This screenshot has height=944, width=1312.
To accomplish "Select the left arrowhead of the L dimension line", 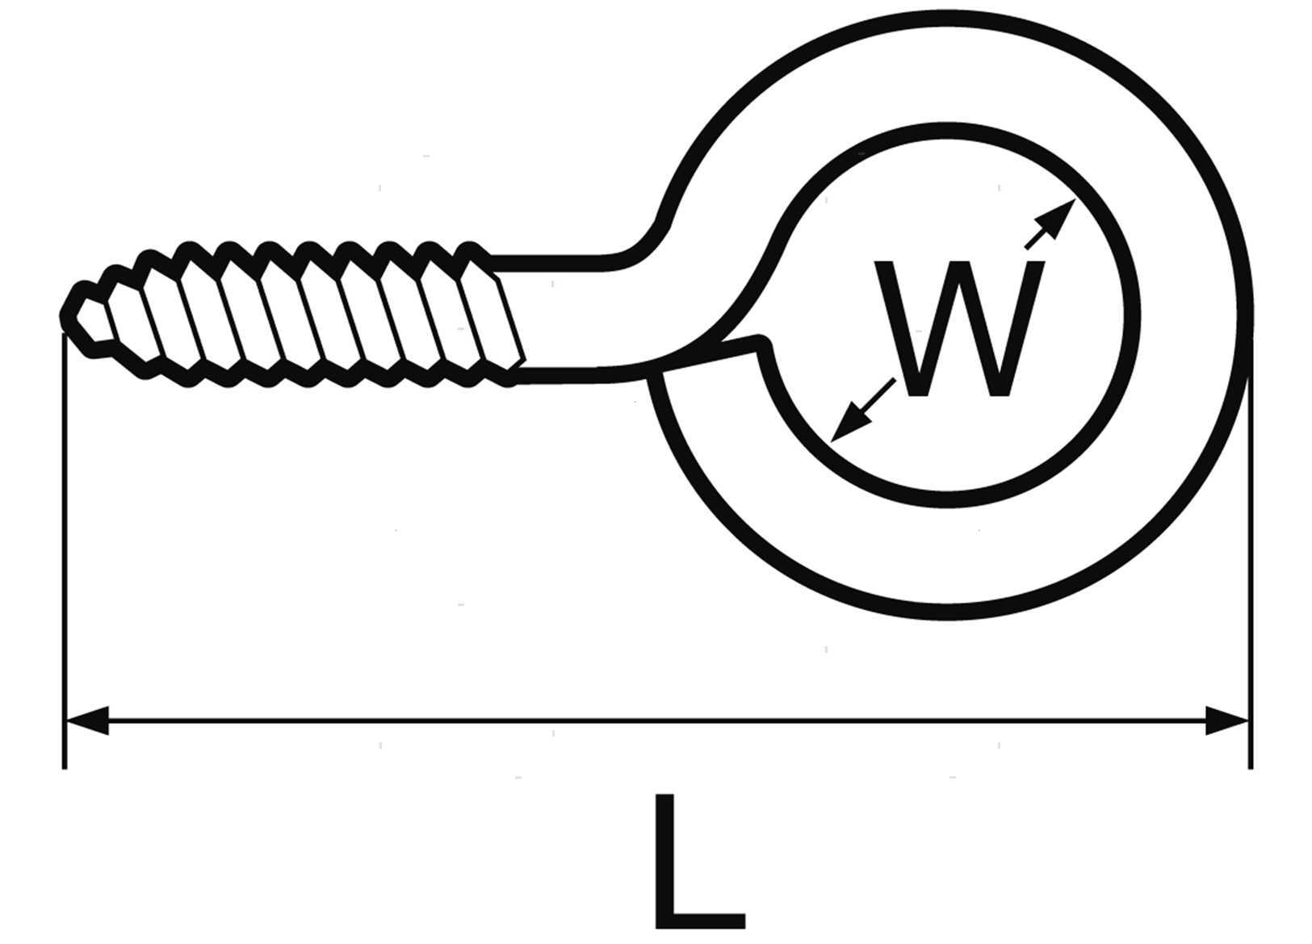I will click(87, 720).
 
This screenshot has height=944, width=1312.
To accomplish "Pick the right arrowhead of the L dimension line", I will click(1227, 720).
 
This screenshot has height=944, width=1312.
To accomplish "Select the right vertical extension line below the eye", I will click(1250, 565).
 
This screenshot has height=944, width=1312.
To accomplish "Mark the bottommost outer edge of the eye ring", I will click(953, 615).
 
